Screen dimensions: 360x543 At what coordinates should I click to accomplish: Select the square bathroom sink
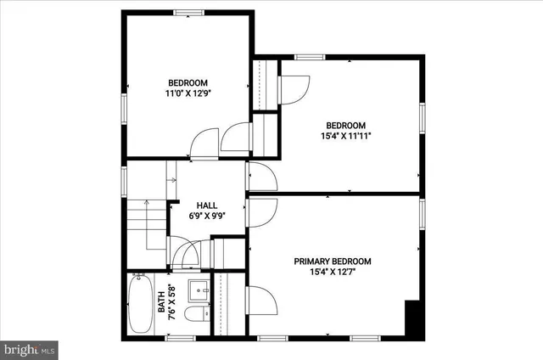[x=197, y=290]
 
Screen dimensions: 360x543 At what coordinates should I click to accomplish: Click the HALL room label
[x=206, y=205]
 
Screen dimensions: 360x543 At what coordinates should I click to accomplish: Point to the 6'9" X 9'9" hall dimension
[x=206, y=217]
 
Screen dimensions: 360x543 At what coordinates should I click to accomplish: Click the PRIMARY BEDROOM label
[x=333, y=262]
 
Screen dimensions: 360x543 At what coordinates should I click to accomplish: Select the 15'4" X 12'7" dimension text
[x=333, y=273]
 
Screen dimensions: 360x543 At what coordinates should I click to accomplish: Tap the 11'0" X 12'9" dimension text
[x=188, y=94]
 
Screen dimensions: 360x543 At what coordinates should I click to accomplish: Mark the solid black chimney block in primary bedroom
[x=413, y=320]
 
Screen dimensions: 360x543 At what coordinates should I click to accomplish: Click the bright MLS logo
[x=29, y=348]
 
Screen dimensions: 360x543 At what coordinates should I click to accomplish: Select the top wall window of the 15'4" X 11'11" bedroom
[x=310, y=57]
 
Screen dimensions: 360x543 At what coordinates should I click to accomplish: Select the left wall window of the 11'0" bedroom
[x=124, y=107]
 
